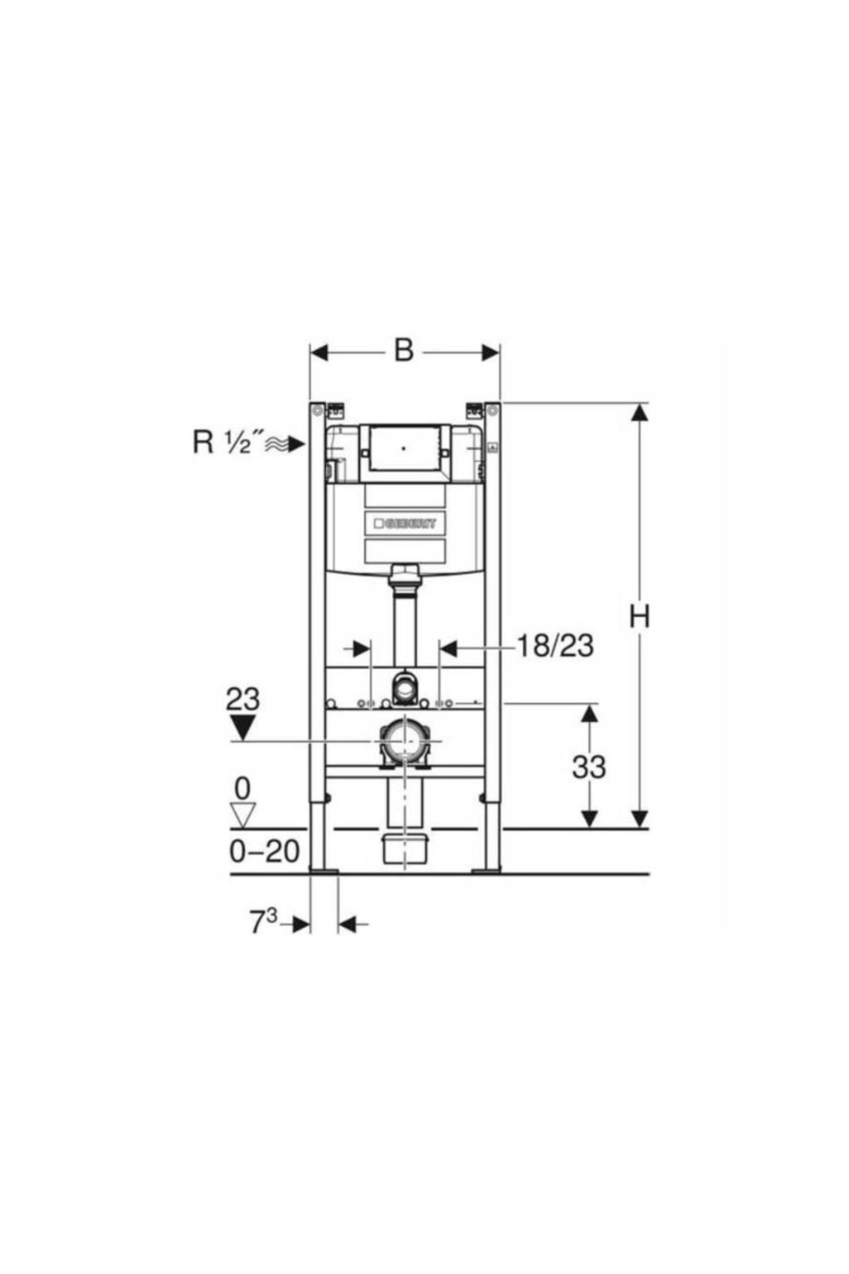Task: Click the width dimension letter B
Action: [x=403, y=350]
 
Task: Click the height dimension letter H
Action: [x=639, y=616]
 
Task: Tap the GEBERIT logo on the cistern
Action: [x=405, y=524]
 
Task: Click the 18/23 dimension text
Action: [x=555, y=645]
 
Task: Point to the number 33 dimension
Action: [x=589, y=767]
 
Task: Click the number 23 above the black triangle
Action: [x=243, y=699]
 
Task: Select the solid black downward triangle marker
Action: [x=243, y=727]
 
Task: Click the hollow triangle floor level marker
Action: [x=243, y=815]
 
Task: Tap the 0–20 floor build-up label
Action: [x=265, y=851]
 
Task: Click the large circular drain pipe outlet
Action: [x=405, y=741]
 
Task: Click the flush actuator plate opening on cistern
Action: [x=404, y=447]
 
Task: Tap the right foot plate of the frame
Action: [x=486, y=870]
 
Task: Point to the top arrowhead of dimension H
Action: [x=640, y=412]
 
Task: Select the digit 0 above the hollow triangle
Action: [x=243, y=787]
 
